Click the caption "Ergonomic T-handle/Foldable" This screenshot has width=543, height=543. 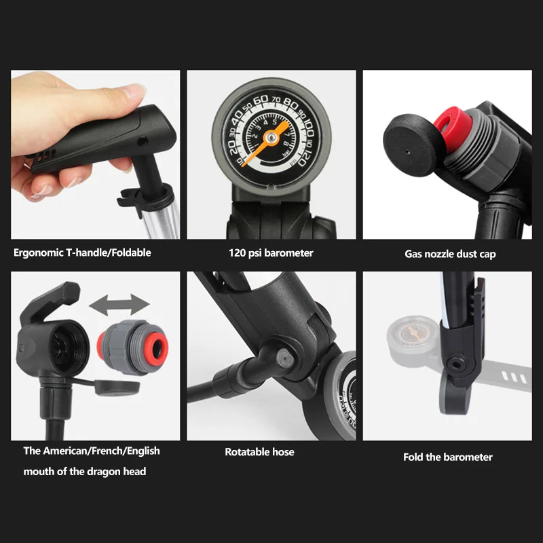[82, 252]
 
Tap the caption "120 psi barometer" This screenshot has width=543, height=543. [271, 253]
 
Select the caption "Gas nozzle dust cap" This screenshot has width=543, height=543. [450, 254]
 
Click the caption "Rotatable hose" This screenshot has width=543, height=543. [259, 451]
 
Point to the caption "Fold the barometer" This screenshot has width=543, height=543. [448, 457]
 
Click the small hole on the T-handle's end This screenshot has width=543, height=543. [143, 141]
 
